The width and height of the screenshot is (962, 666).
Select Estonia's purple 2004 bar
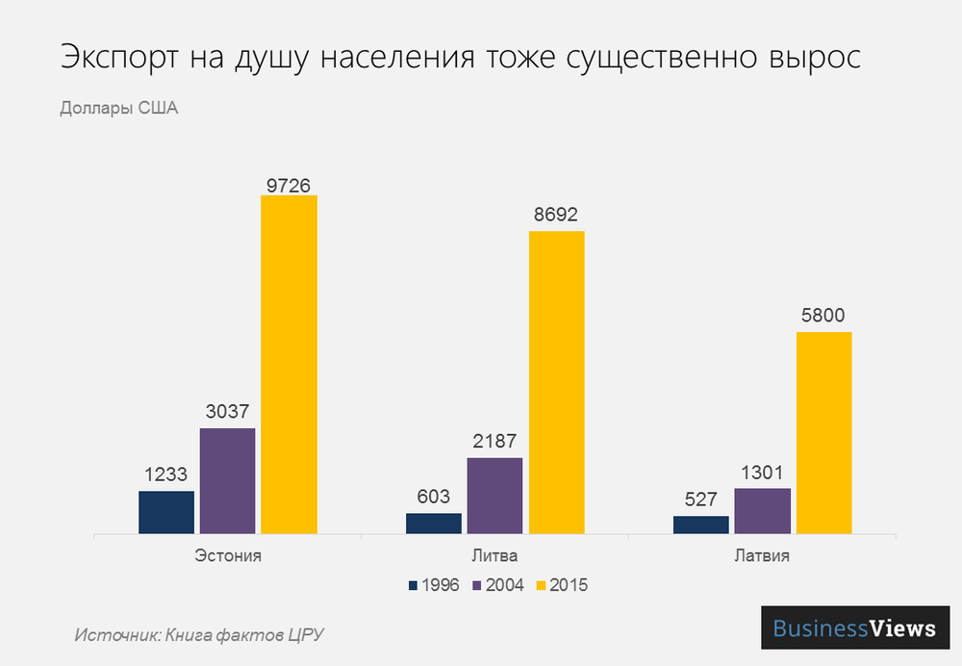click(x=228, y=480)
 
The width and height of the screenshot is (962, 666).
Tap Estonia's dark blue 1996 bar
click(x=166, y=511)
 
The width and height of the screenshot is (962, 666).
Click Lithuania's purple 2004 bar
click(x=494, y=495)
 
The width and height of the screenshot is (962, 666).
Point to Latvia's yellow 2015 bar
click(x=823, y=432)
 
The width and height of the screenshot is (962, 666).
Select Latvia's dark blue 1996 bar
click(x=701, y=525)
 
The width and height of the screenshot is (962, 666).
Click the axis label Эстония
click(x=228, y=556)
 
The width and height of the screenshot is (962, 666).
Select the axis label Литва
click(x=495, y=556)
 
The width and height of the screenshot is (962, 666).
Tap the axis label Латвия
click(x=763, y=556)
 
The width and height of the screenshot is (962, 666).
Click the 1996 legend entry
click(x=433, y=584)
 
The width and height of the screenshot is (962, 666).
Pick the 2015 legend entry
click(x=561, y=584)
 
